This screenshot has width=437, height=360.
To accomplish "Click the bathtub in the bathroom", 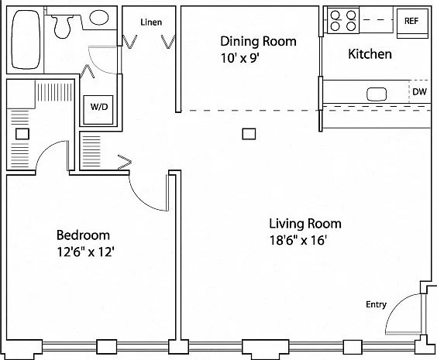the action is coord(26,39).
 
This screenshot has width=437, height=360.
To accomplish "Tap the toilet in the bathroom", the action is coord(62,26).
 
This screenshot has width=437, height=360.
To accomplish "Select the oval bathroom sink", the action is coord(99,17).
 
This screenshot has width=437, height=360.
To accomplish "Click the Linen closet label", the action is coord(151,22).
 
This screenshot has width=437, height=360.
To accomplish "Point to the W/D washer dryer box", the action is coord(98,110).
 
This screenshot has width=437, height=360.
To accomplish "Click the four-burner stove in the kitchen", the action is coord(343,21).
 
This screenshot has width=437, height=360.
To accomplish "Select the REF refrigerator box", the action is coord(412,23).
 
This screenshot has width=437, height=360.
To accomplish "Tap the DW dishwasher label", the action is coord(419,91).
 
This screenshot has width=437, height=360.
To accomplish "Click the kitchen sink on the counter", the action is coord(377,94).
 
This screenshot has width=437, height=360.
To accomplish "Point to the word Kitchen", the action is coord(370,53).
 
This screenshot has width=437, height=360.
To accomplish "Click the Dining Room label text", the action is coord(258,41).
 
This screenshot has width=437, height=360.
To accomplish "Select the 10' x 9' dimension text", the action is coord(240,59).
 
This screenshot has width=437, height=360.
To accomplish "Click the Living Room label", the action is coord(305,224).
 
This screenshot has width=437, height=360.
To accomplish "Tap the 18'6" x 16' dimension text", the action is coord(298,240).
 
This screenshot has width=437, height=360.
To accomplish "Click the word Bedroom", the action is coord(83,235).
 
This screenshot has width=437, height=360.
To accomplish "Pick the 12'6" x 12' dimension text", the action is coord(85,252).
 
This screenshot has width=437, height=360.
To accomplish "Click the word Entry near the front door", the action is coord(376,304).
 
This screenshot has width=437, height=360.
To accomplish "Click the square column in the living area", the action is coord(249,134).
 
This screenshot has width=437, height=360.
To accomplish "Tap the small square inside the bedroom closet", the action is coord(22,134).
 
